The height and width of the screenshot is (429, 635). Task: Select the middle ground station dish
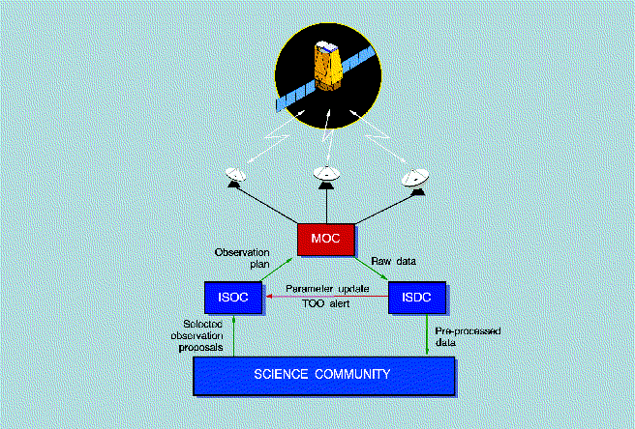[325, 174]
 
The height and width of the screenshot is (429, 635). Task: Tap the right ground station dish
[415, 179]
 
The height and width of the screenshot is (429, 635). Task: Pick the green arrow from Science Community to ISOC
[233, 338]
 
